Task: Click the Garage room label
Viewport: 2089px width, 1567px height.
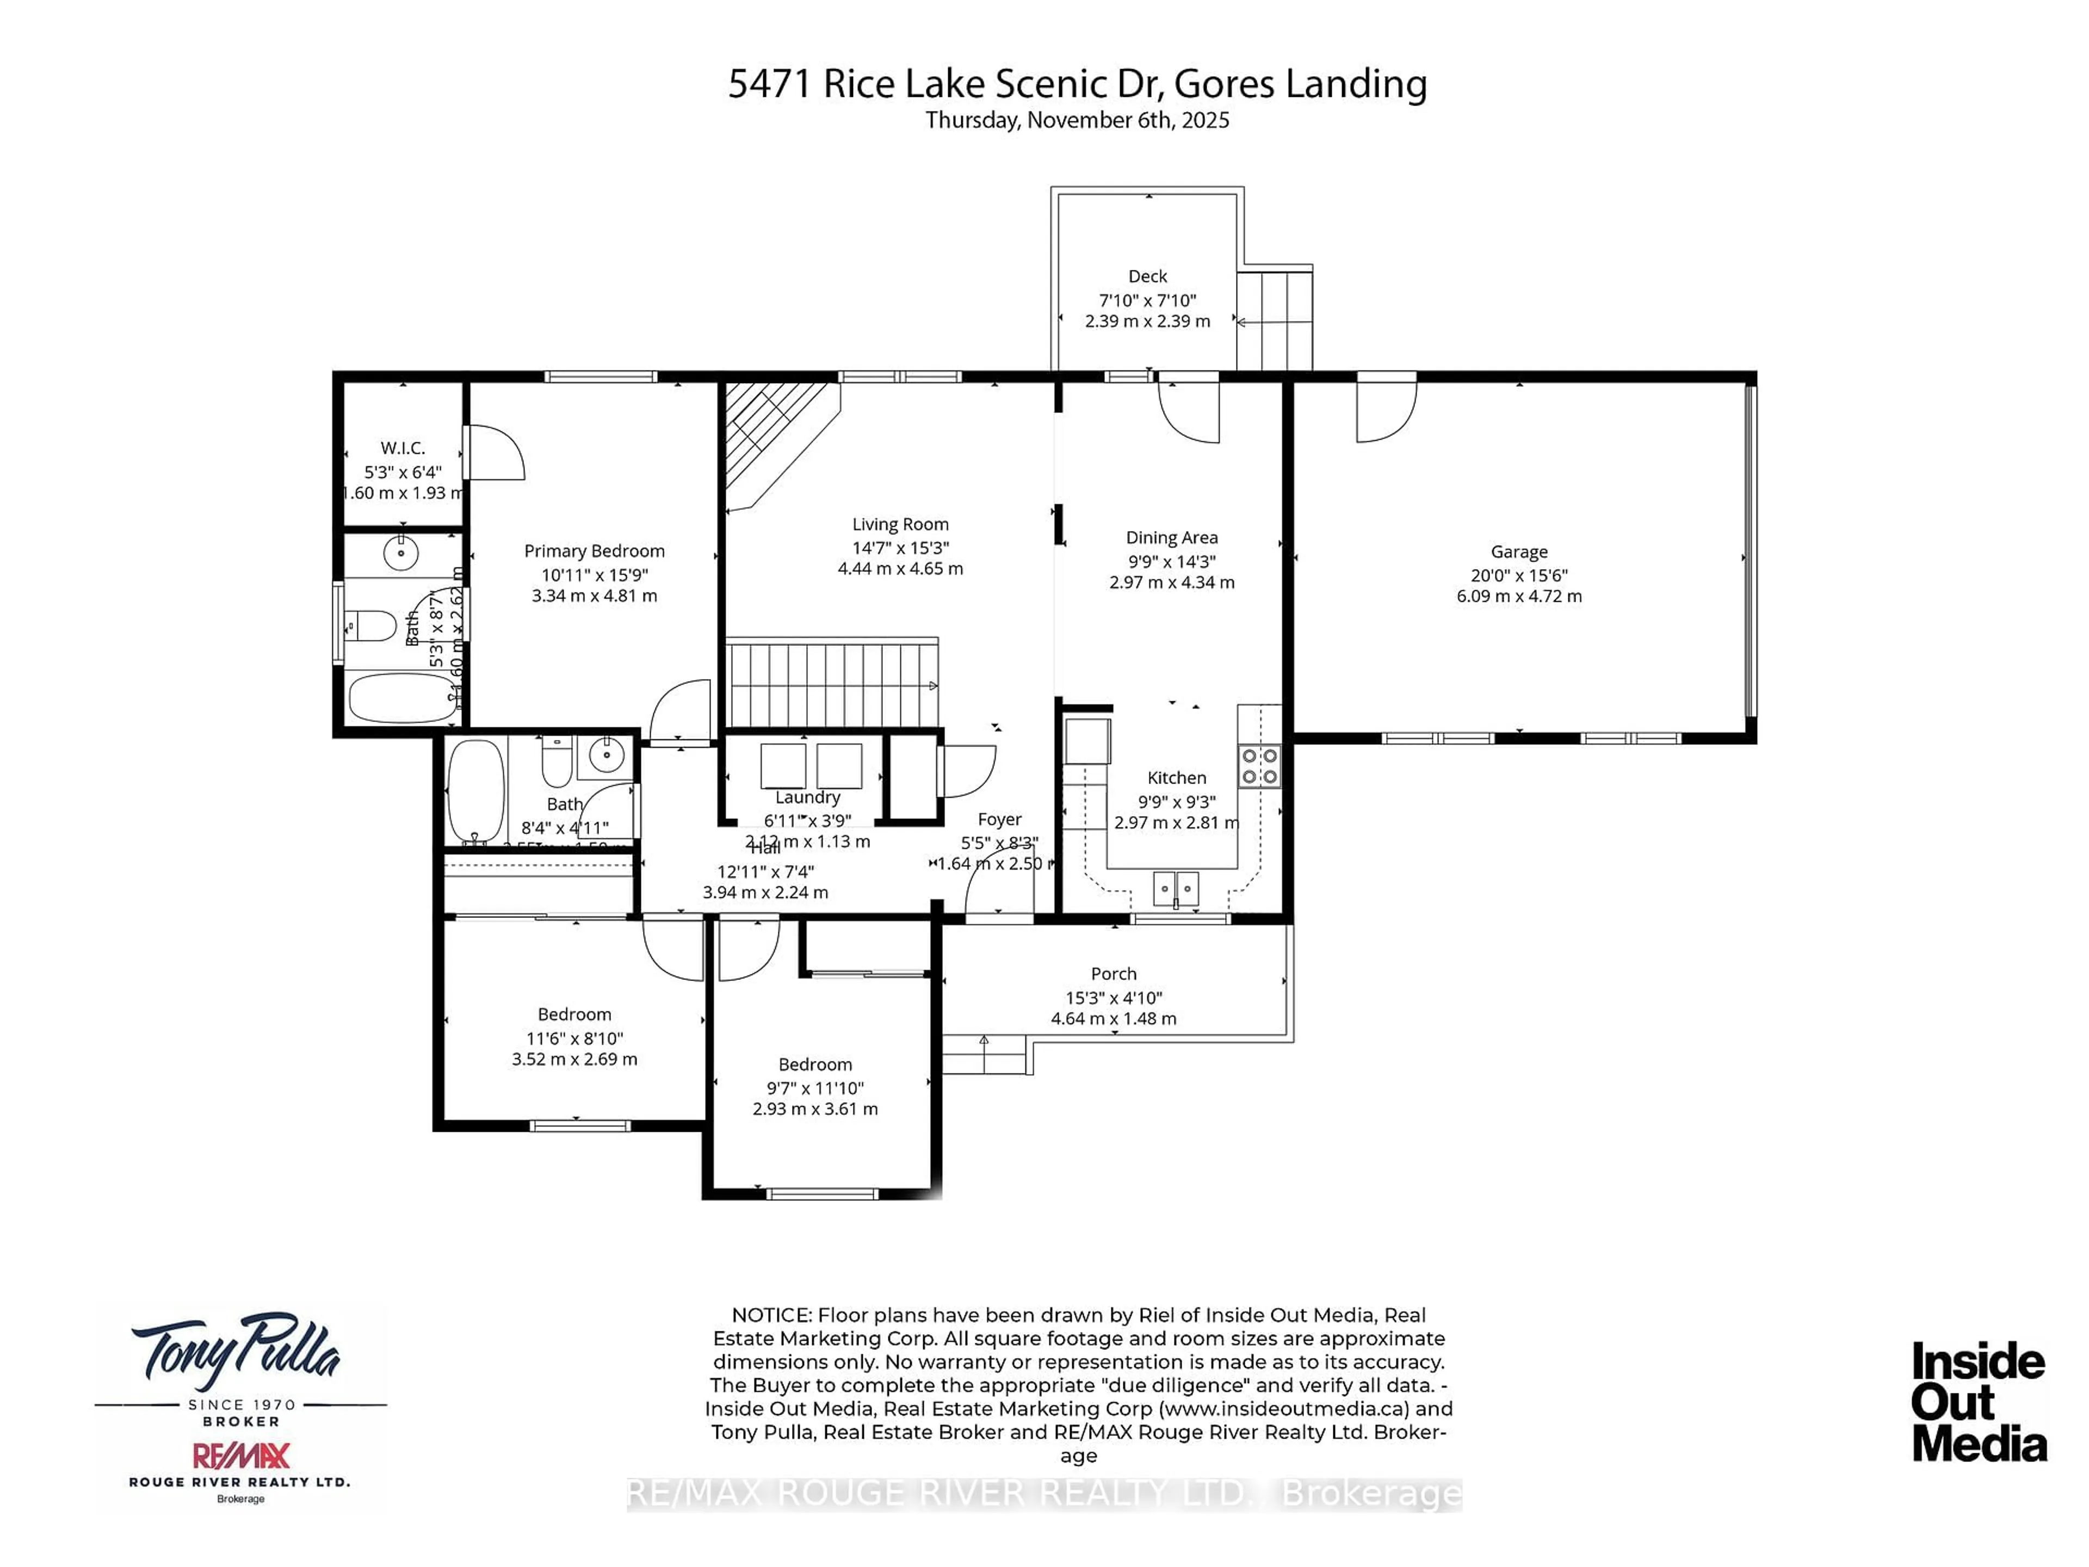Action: pyautogui.click(x=1518, y=552)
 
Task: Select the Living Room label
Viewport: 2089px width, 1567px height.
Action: pyautogui.click(x=900, y=524)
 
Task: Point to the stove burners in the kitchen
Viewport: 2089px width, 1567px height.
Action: pyautogui.click(x=1259, y=766)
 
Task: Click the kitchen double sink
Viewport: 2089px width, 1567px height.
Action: pyautogui.click(x=1176, y=889)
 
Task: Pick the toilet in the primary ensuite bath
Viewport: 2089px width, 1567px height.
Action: pyautogui.click(x=371, y=625)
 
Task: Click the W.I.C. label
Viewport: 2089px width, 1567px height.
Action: pyautogui.click(x=403, y=448)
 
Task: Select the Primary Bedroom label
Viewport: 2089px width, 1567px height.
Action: pyautogui.click(x=594, y=551)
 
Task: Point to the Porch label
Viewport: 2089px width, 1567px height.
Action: pyautogui.click(x=1114, y=974)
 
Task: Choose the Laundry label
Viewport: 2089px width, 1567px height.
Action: pyautogui.click(x=807, y=797)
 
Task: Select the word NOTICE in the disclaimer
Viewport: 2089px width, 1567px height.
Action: pyautogui.click(x=771, y=1315)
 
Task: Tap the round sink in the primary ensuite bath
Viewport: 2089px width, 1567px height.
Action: pyautogui.click(x=400, y=552)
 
